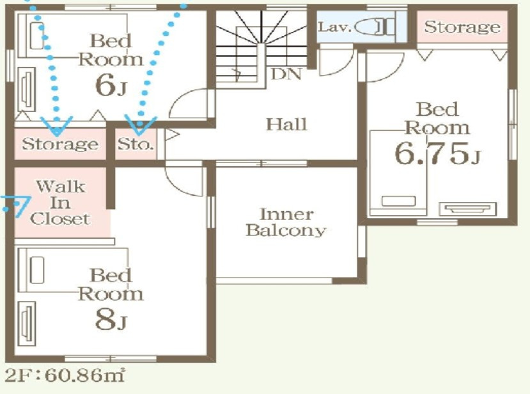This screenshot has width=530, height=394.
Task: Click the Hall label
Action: point(286,124)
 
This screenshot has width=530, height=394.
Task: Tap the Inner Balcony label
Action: point(286,222)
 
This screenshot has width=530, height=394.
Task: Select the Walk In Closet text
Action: point(61,203)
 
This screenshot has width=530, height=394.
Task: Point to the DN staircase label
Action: point(286,74)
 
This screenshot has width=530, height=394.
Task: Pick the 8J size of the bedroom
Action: point(111,320)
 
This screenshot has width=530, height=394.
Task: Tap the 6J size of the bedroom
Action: point(111,85)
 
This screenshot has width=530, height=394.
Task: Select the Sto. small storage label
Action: point(136,145)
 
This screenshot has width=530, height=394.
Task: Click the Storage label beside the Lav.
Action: point(462,27)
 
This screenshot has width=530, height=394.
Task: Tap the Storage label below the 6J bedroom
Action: point(60,144)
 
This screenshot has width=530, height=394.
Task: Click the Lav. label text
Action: point(334,27)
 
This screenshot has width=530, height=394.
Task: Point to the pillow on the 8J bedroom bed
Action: point(37,270)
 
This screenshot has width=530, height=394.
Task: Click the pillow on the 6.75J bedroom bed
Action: point(398,201)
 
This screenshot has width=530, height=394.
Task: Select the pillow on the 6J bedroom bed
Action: point(37,36)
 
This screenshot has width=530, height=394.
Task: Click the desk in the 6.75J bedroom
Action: point(468,209)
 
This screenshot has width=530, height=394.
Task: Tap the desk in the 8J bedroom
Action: point(27,323)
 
